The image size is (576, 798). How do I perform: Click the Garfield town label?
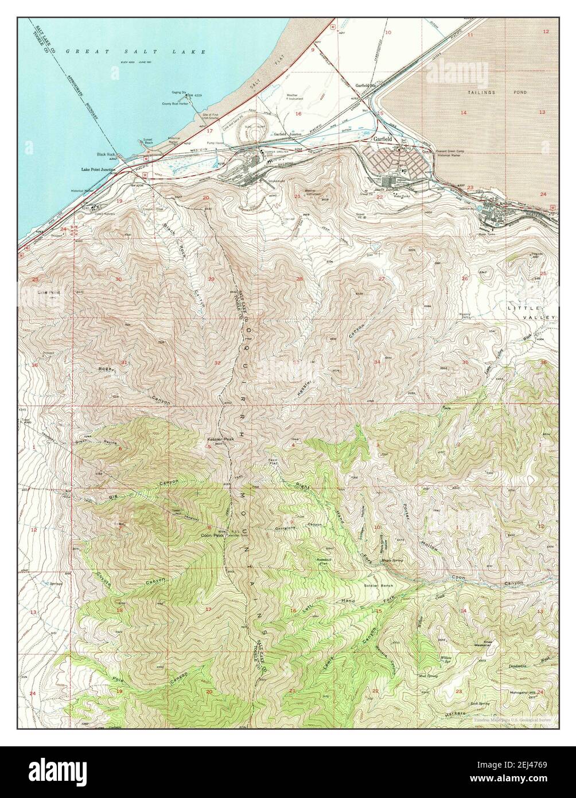pos(383,139)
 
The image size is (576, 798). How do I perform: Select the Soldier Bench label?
pos(377,586)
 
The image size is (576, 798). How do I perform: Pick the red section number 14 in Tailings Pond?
pos(463,113)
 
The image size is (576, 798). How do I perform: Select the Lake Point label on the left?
pos(49,292)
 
